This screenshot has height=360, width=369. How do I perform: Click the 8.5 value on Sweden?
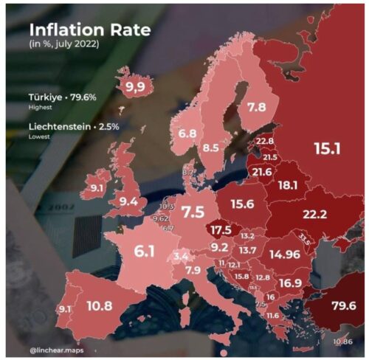click(212, 147)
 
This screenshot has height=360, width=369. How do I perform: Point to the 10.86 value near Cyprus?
click(342, 341)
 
